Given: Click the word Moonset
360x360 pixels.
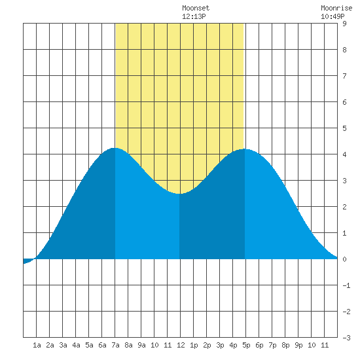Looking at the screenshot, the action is click(196, 8).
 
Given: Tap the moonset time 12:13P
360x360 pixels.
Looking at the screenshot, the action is click(194, 16).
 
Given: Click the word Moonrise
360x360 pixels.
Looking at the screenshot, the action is click(336, 8).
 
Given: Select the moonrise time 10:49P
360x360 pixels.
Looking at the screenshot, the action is click(333, 16).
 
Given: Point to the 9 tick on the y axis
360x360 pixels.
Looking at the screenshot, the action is click(344, 24).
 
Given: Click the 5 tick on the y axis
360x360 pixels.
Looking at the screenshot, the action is click(344, 128).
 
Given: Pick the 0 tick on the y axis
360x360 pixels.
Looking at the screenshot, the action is click(344, 259).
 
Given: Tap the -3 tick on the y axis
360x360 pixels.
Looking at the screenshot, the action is click(346, 338).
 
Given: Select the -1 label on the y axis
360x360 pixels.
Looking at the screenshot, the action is click(346, 285).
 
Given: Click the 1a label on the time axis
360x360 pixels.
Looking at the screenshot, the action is click(37, 345).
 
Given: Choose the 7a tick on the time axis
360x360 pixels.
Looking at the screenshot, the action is click(115, 345).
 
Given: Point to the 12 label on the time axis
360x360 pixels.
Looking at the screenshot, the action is click(181, 345).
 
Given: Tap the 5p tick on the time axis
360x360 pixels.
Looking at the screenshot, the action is click(246, 345).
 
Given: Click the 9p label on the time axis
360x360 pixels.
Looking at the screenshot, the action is click(298, 345).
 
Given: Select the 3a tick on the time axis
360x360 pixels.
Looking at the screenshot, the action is click(63, 345).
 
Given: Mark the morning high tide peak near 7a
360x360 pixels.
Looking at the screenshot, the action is click(114, 149).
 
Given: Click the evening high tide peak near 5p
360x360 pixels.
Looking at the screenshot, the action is click(244, 149).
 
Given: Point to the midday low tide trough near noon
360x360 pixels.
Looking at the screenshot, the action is click(179, 194).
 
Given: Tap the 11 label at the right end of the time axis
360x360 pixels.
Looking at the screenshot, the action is click(325, 345).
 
